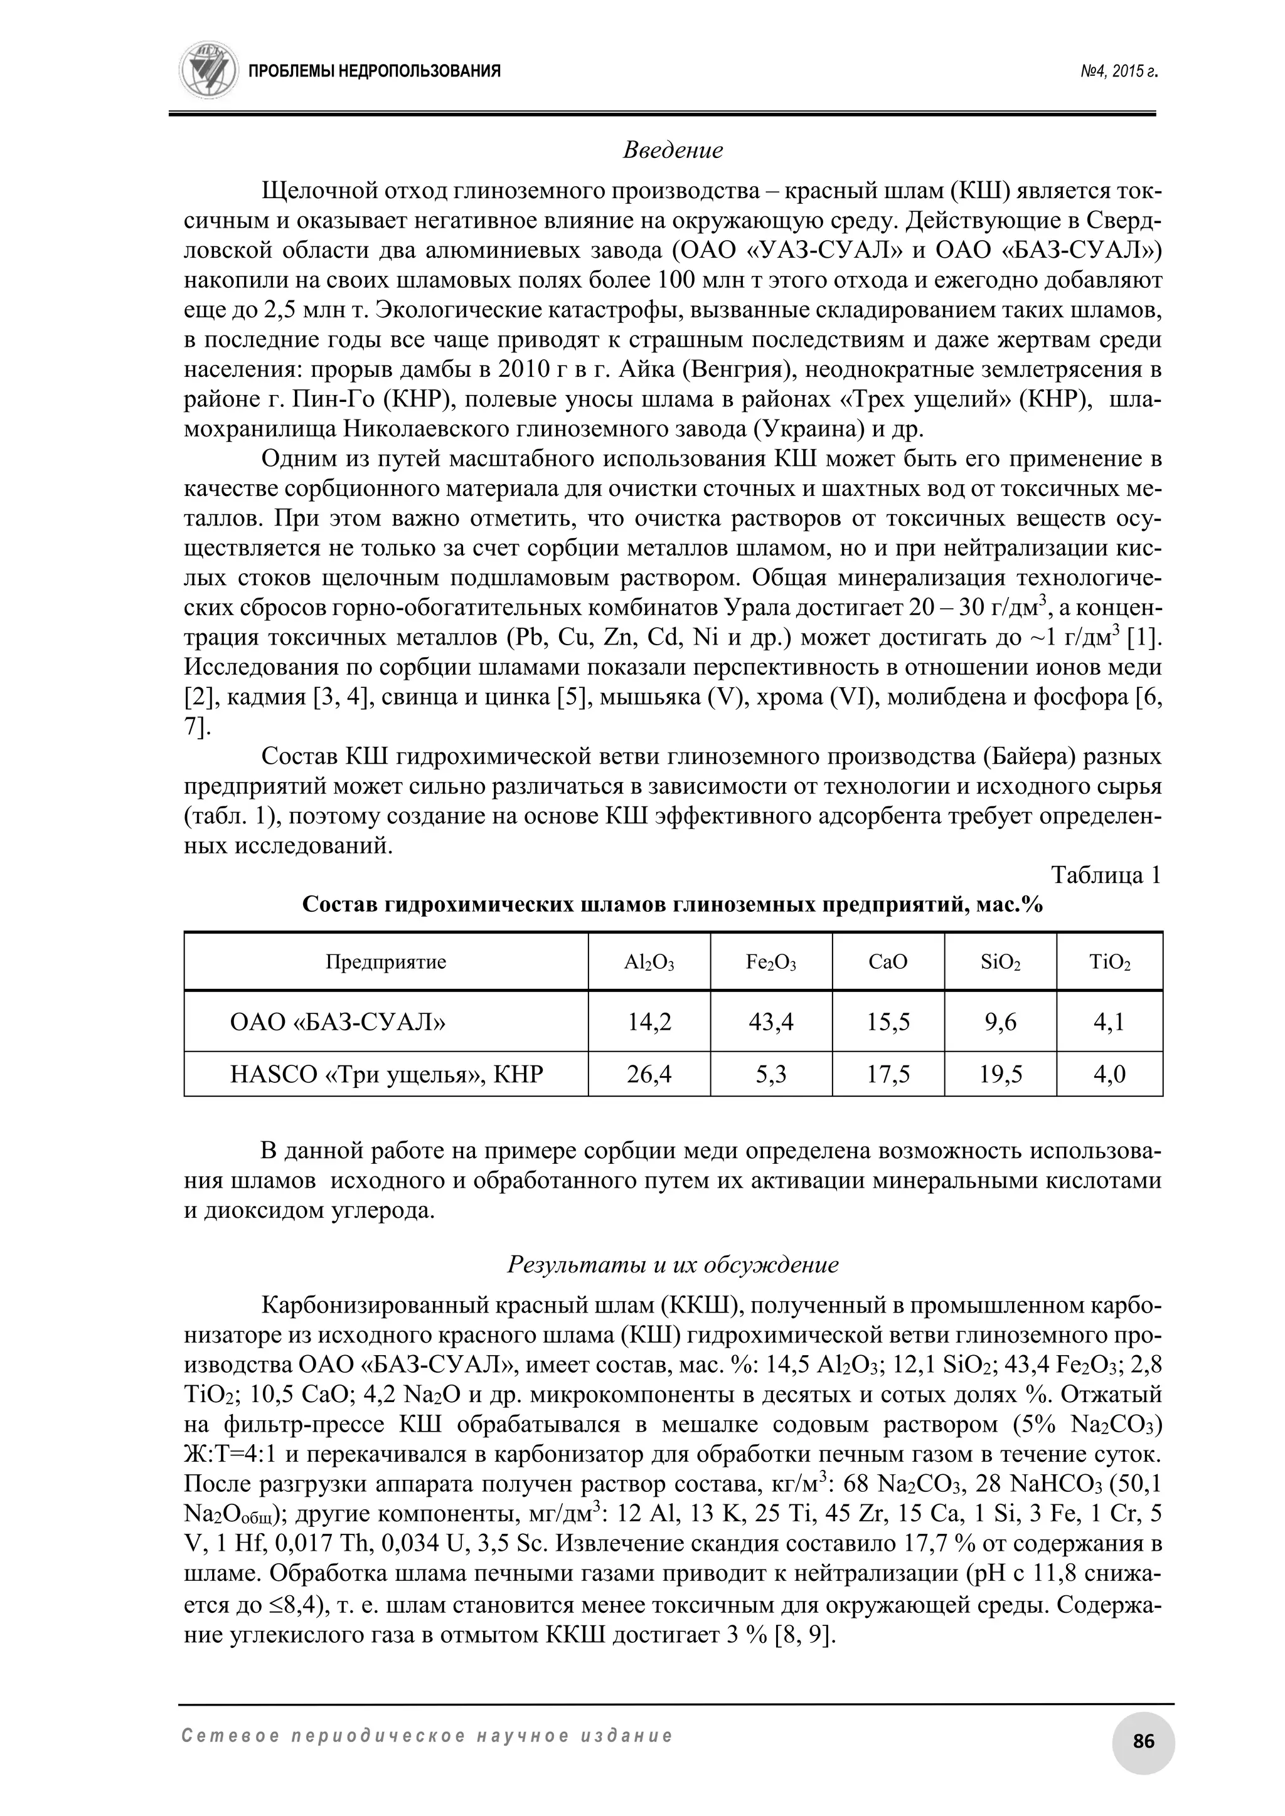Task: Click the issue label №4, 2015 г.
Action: pos(1118,71)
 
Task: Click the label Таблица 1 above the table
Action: pos(1106,875)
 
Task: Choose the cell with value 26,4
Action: pos(649,1074)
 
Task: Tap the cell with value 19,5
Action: pos(1000,1074)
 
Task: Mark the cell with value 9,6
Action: pos(1000,1022)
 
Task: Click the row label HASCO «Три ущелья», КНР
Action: pos(386,1074)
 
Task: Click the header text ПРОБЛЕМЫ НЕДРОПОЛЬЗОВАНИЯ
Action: pos(374,71)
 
